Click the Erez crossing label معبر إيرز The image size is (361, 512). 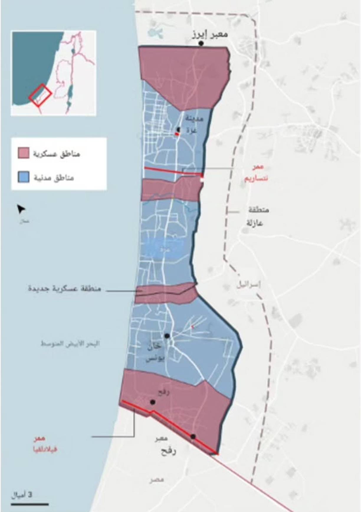click(x=210, y=34)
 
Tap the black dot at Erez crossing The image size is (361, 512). click(x=201, y=43)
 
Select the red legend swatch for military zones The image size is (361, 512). click(x=23, y=153)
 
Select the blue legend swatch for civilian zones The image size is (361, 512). click(x=23, y=177)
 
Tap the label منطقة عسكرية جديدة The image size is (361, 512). click(x=65, y=288)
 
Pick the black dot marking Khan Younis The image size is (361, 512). click(x=167, y=336)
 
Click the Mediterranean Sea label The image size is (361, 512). click(x=70, y=344)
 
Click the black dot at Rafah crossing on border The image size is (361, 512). click(x=193, y=436)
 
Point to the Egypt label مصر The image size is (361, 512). click(x=156, y=480)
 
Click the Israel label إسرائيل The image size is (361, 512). click(x=249, y=285)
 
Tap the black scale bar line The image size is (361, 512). click(x=30, y=504)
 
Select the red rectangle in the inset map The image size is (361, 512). click(x=40, y=95)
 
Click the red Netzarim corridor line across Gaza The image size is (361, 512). click(x=173, y=171)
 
